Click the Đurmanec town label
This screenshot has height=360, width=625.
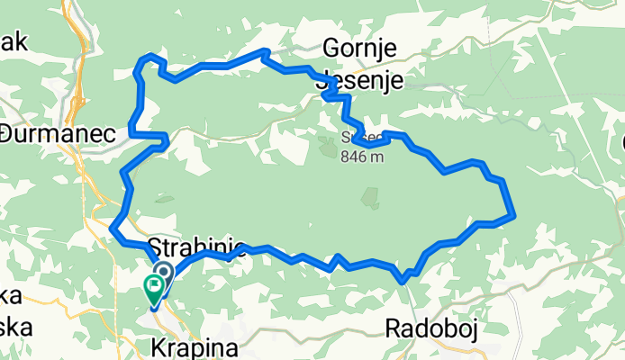tap(59, 133)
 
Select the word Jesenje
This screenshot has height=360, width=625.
tap(362, 80)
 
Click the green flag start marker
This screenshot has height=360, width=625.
tap(153, 288)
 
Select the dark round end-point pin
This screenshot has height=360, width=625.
tap(165, 272)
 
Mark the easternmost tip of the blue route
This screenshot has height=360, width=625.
tap(513, 215)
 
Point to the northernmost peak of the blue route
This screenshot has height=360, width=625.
tap(264, 51)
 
